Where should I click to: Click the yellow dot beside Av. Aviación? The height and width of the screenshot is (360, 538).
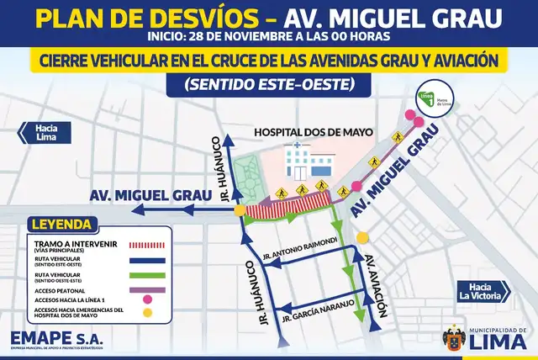pyautogui.click(x=363, y=237)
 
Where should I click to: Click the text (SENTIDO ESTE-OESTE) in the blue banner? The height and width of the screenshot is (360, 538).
pyautogui.click(x=269, y=86)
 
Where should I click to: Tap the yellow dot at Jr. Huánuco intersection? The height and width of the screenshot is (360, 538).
pyautogui.click(x=240, y=209)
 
